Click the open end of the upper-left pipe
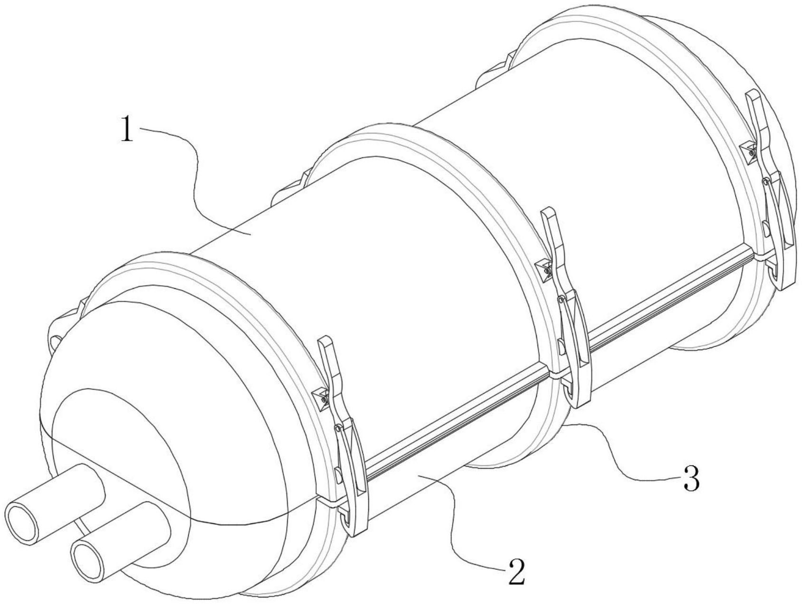pos(22,523)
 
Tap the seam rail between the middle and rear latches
pos(666,298)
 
